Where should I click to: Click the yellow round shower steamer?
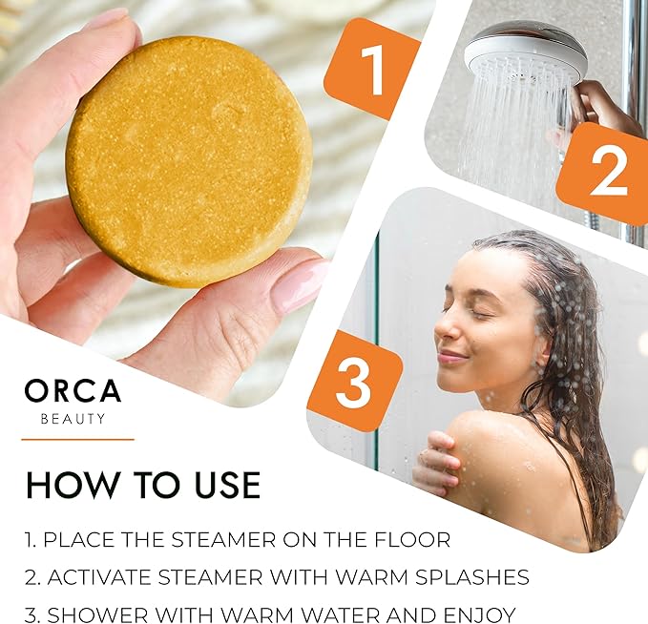(188, 162)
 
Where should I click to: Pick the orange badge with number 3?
(354, 381)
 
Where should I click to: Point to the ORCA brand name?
(73, 391)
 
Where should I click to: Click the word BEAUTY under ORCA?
(73, 420)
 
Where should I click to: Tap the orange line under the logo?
(77, 439)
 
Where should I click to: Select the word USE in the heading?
(227, 485)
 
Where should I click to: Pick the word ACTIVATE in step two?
(99, 577)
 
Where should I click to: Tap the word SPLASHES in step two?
(472, 577)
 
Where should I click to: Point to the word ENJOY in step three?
(479, 614)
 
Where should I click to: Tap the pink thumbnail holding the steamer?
(300, 285)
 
